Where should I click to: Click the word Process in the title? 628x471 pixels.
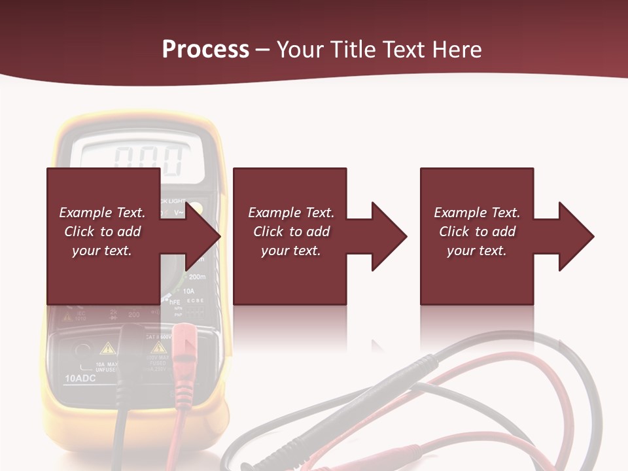click(x=205, y=50)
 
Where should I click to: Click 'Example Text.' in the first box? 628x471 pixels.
click(x=102, y=213)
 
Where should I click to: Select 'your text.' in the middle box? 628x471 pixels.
click(x=290, y=251)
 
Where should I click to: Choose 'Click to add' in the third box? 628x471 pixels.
click(x=477, y=232)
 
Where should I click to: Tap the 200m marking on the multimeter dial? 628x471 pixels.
click(x=196, y=277)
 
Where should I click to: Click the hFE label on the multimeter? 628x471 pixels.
click(x=175, y=302)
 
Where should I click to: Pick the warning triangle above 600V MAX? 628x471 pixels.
click(x=158, y=347)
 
